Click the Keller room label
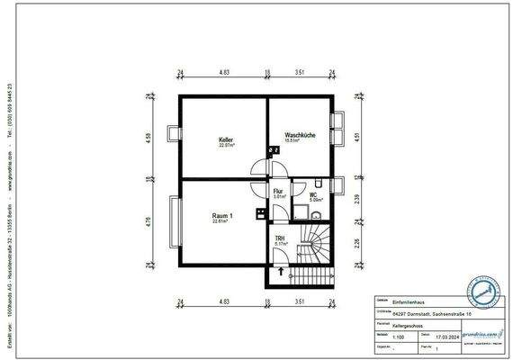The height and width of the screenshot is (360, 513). click(226, 140)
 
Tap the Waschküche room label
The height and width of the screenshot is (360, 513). click(298, 135)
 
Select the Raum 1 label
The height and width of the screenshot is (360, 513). click(223, 217)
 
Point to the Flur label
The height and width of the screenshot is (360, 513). click(279, 192)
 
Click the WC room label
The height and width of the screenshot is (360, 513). click(314, 194)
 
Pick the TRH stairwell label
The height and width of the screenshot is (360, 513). click(279, 238)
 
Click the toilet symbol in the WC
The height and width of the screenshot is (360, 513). click(322, 214)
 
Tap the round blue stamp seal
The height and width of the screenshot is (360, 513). click(483, 292)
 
